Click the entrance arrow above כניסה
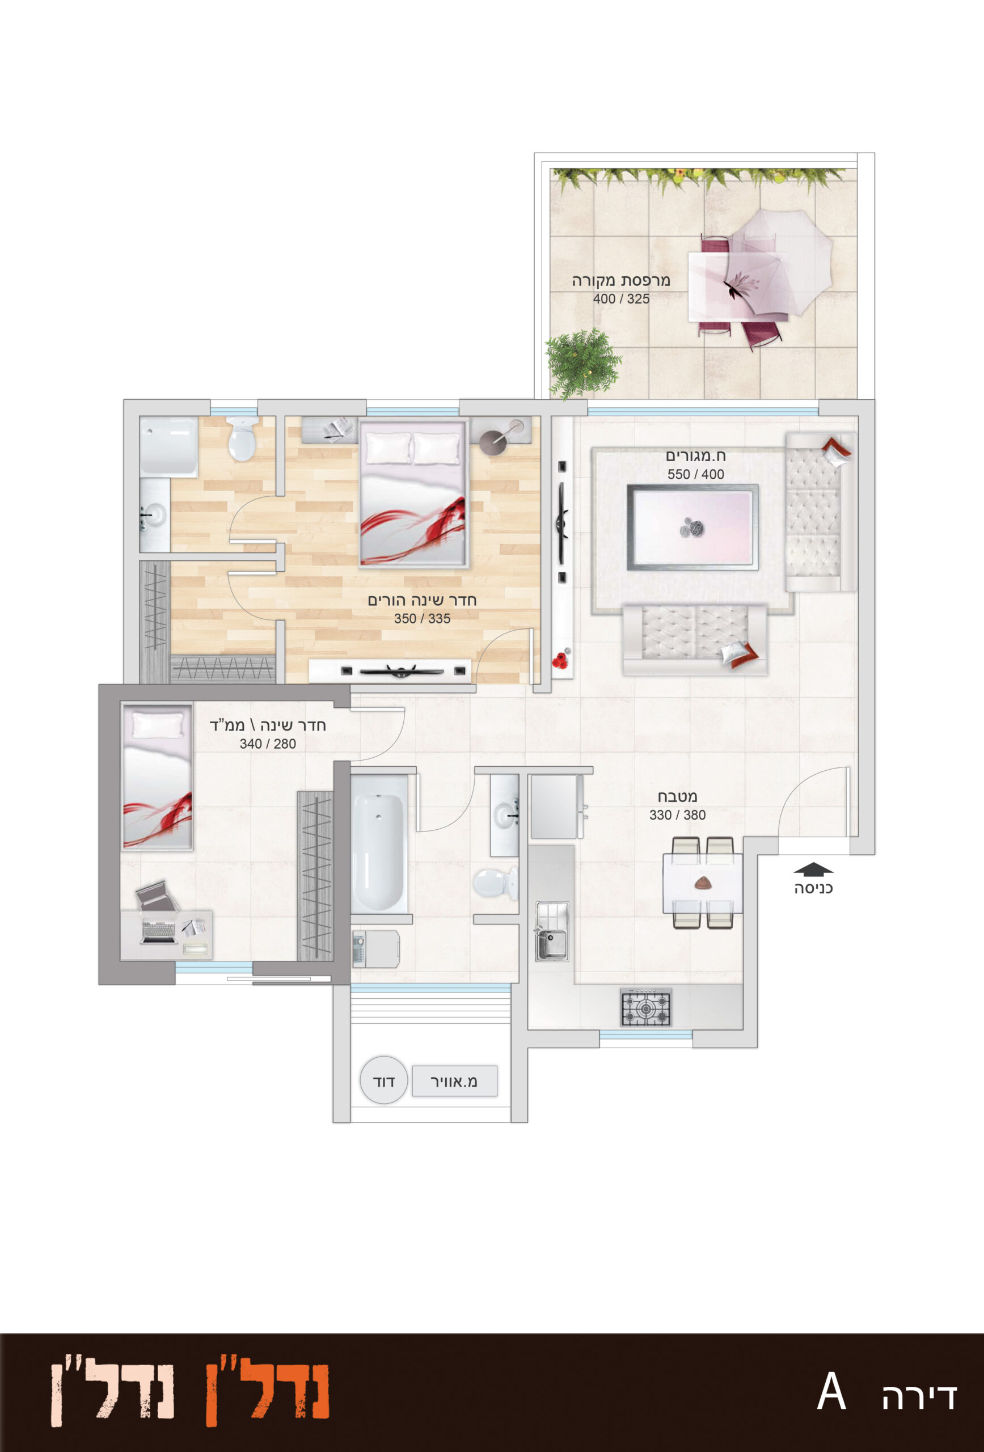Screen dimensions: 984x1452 coord(813,868)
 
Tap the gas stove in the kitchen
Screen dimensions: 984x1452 coord(645,1007)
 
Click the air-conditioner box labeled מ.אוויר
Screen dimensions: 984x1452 coord(454,1081)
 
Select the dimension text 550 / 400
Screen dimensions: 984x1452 coord(695,474)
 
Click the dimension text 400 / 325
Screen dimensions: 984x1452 coord(621,299)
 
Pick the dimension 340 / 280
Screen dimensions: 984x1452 coord(267,744)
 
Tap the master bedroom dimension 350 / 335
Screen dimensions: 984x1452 coord(422,619)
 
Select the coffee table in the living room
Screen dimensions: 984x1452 coord(692,527)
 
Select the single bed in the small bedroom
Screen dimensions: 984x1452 coord(157,776)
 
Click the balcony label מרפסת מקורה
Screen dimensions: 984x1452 coord(620,281)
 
